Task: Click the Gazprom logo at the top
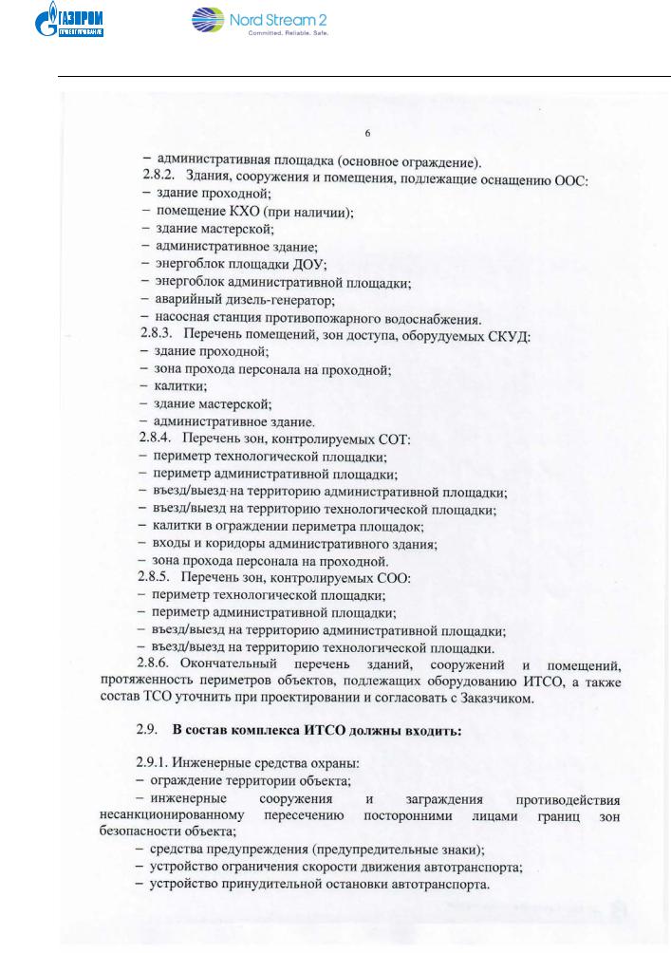tap(74, 23)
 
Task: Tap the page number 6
tap(367, 131)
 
